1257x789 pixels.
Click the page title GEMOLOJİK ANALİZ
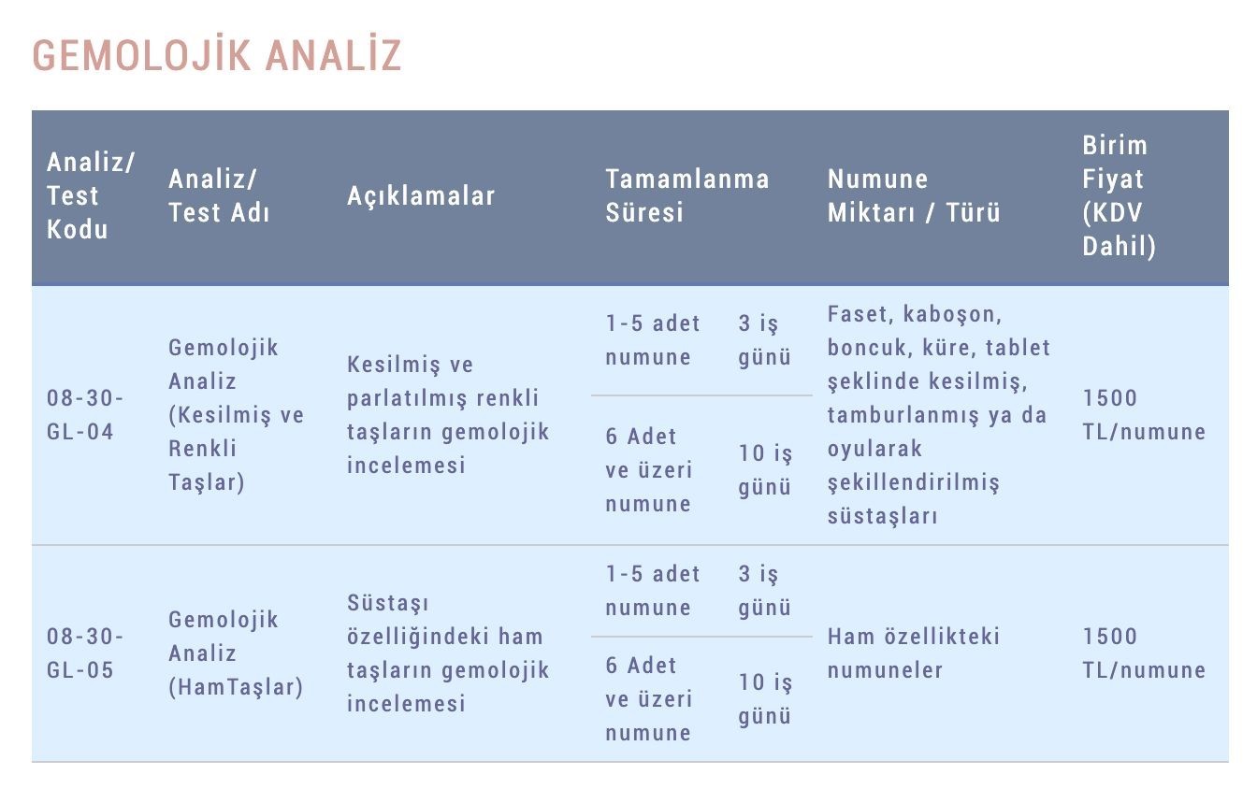click(x=217, y=55)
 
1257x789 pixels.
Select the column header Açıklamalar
click(x=421, y=195)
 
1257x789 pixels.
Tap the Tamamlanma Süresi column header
click(x=686, y=195)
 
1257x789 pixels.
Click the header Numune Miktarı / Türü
click(x=914, y=195)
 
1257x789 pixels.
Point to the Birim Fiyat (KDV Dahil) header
click(x=1119, y=195)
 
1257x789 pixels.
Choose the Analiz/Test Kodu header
click(x=91, y=195)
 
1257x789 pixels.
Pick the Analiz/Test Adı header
click(x=219, y=195)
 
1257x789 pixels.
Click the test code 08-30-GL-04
click(x=85, y=415)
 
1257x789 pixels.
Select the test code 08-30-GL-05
click(x=85, y=653)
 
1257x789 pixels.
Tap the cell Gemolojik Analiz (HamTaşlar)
click(x=236, y=653)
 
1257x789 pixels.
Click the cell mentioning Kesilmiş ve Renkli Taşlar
click(x=236, y=415)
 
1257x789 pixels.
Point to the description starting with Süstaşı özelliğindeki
click(x=448, y=653)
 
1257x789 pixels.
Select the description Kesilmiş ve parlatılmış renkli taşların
click(x=448, y=415)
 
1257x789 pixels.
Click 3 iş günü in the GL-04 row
click(x=765, y=340)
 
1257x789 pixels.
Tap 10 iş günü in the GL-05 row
click(x=765, y=699)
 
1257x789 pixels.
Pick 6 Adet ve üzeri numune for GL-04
click(x=649, y=470)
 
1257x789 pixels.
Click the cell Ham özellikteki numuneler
click(x=914, y=653)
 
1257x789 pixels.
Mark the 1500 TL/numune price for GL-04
click(x=1144, y=415)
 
